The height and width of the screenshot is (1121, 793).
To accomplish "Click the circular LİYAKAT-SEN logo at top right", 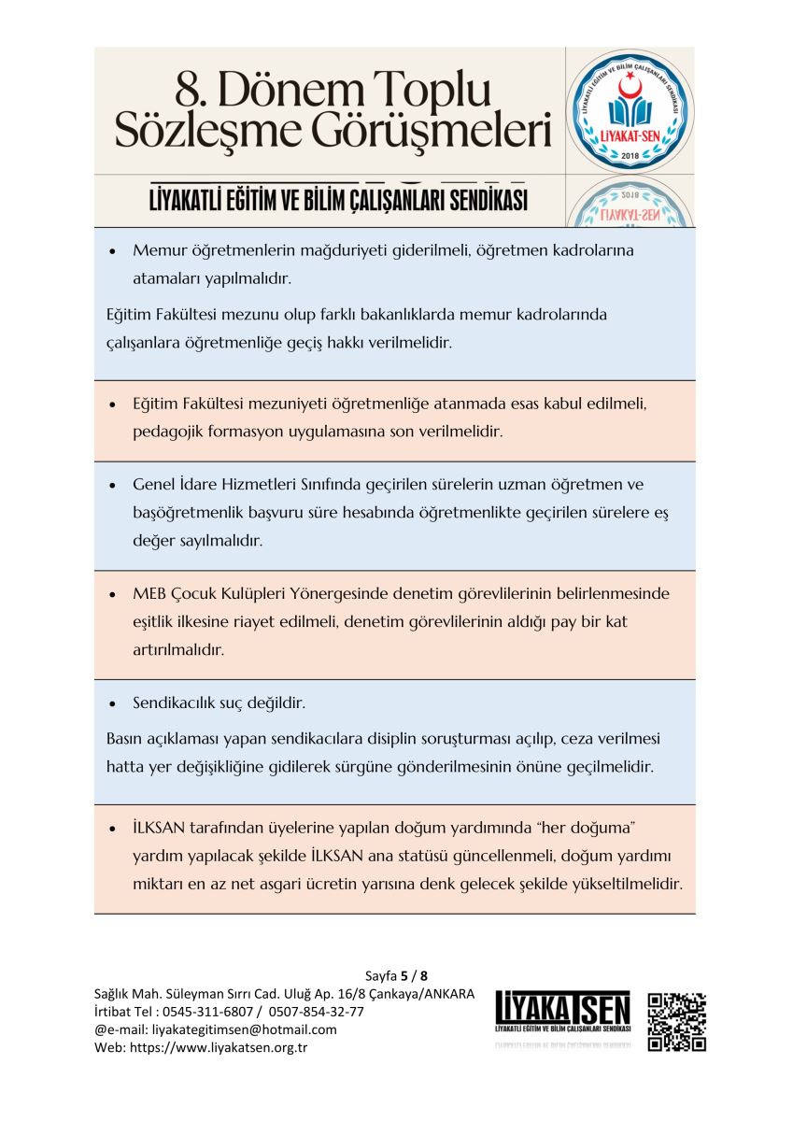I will (630, 110).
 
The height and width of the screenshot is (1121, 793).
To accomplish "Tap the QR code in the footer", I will (676, 1022).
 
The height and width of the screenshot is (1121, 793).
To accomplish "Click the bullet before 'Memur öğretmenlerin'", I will (112, 252).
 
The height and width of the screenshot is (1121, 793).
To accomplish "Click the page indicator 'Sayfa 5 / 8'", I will (396, 975).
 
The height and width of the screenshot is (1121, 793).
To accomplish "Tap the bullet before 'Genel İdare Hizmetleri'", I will (112, 486).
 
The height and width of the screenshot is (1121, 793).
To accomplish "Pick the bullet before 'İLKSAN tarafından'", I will (112, 829).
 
